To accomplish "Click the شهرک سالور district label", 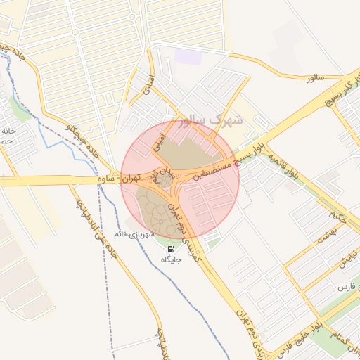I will pos(211,120).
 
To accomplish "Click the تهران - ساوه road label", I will pos(120,180).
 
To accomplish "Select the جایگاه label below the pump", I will pos(172,259).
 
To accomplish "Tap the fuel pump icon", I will pos(171,248).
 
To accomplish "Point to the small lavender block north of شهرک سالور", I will pos(187,56).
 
